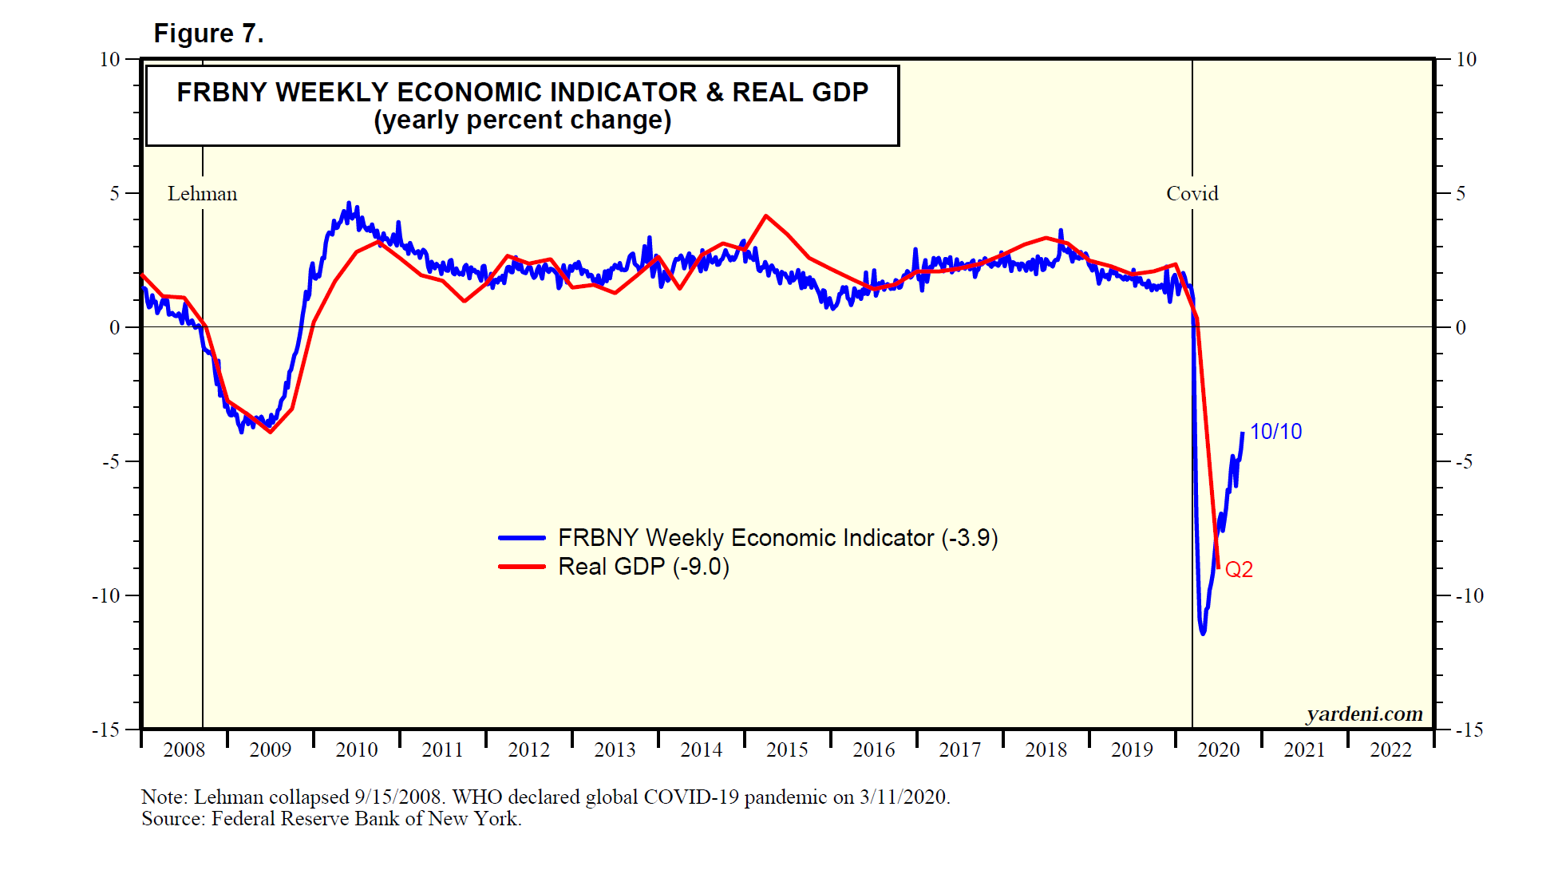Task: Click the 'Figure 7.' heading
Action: tap(208, 34)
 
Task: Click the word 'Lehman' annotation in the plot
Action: tap(202, 194)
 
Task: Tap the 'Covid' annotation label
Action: tap(1192, 194)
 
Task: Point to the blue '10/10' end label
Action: tap(1275, 432)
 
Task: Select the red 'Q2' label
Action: tap(1239, 570)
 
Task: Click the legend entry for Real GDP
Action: tap(643, 567)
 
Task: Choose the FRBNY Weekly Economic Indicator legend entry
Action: tap(777, 538)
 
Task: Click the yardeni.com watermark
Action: tap(1364, 714)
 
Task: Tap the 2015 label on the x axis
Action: tap(787, 750)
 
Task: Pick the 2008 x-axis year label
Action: tap(184, 750)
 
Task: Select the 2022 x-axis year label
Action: tap(1390, 750)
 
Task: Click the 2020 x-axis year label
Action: tap(1218, 750)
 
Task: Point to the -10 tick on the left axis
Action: tap(106, 595)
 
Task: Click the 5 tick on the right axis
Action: tap(1461, 194)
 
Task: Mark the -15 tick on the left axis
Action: tap(106, 730)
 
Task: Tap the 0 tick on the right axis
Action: tap(1461, 327)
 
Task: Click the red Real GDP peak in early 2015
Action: tap(766, 216)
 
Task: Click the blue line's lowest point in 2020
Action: tap(1203, 634)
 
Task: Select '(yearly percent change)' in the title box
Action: tap(523, 121)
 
